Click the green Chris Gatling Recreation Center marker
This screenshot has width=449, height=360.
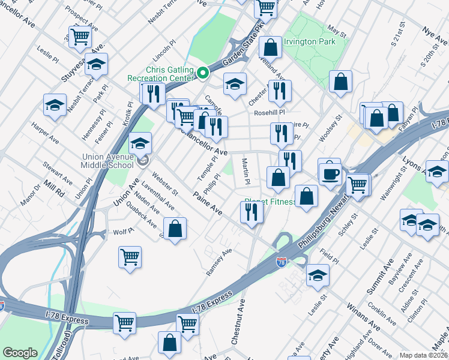pos(203,73)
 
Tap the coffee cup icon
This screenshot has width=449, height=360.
pos(329,175)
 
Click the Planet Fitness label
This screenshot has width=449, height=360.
pos(270,202)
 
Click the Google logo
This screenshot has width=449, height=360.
pos(20,352)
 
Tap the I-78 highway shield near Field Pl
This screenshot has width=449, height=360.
pos(281,262)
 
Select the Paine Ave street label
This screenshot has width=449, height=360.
pos(207,203)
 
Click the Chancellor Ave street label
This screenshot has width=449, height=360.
pos(204,143)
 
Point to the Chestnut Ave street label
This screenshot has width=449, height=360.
pos(238,323)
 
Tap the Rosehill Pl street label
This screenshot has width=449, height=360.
pos(268,112)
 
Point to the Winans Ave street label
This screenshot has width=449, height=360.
pos(363,317)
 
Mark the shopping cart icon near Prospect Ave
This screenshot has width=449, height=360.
pos(80,36)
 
